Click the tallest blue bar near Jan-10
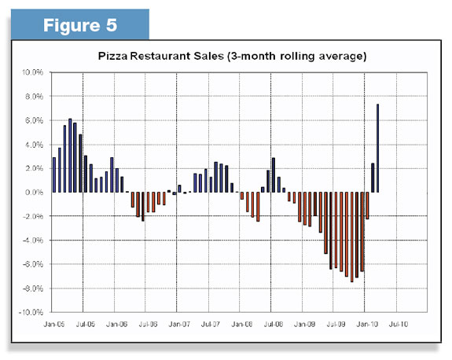(x=377, y=148)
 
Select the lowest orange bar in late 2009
(x=351, y=237)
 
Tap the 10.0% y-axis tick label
(x=32, y=72)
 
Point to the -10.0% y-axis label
(x=31, y=312)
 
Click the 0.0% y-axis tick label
(x=34, y=192)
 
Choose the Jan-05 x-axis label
(x=54, y=325)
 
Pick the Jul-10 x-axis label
(x=399, y=325)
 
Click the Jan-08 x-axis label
(x=242, y=325)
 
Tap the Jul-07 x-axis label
(x=211, y=325)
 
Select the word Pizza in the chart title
(x=112, y=56)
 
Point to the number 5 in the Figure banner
(x=112, y=25)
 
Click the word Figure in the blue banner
(x=72, y=26)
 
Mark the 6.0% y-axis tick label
(x=34, y=120)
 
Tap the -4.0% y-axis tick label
(x=33, y=240)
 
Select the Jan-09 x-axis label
(x=304, y=325)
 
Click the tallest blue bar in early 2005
(x=70, y=156)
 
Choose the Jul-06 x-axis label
(x=148, y=325)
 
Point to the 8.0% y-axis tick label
(x=34, y=96)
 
